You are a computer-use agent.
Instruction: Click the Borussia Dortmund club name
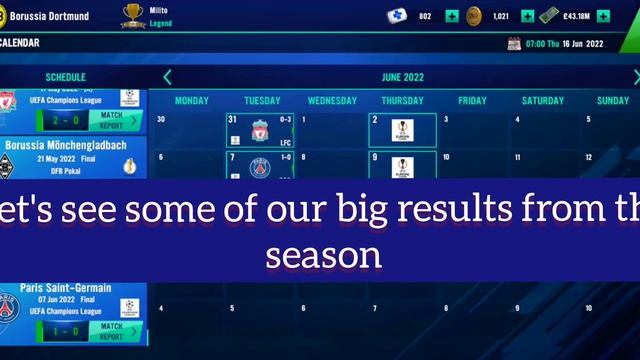[49, 16]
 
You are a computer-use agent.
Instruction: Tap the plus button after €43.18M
[603, 16]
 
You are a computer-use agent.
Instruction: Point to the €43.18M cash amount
[575, 16]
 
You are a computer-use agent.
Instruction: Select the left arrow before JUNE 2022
[167, 77]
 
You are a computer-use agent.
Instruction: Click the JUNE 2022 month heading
[403, 77]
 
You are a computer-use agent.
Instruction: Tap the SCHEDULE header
[66, 77]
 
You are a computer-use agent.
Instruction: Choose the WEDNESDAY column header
[332, 101]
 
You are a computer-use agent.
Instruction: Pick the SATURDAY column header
[543, 101]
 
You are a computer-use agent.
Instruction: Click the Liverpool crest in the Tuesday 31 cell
[260, 132]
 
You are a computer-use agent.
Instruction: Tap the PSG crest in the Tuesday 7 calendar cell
[260, 167]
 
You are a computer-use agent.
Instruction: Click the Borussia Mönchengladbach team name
[66, 145]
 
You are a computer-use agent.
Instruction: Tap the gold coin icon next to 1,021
[474, 16]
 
